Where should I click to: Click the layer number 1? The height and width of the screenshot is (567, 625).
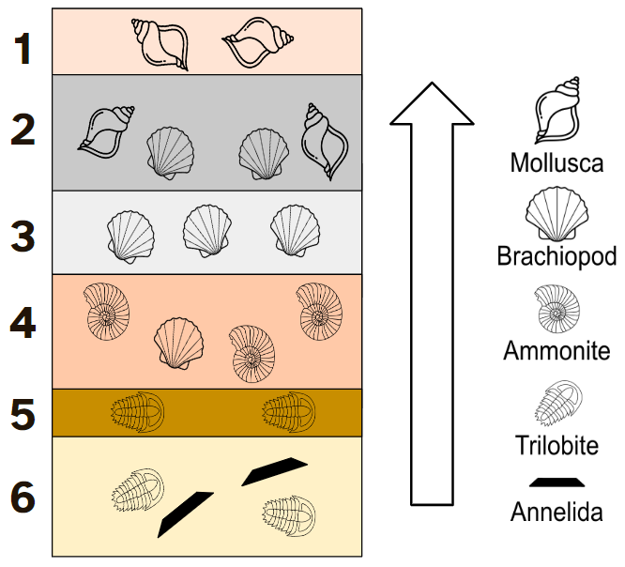tap(23, 49)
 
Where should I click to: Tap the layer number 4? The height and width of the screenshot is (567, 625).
tap(23, 323)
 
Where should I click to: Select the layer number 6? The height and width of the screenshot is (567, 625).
tap(23, 497)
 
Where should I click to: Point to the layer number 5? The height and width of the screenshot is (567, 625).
tap(23, 415)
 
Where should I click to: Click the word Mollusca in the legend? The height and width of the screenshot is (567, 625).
tap(556, 162)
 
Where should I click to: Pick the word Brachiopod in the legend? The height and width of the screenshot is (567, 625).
tap(556, 256)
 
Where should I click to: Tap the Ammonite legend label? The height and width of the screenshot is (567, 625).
tap(556, 351)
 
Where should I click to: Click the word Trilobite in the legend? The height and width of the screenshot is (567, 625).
tap(556, 445)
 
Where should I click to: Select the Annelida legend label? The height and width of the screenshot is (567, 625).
tap(556, 512)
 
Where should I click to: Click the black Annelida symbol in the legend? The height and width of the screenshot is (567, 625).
tap(556, 483)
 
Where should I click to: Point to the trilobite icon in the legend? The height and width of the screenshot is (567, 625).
tap(558, 403)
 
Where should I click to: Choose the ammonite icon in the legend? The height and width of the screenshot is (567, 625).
tap(556, 309)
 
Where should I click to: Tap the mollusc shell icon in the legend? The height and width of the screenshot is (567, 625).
tap(557, 110)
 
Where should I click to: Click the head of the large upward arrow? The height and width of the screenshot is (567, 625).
tap(432, 103)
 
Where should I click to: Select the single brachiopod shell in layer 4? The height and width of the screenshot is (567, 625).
tap(178, 344)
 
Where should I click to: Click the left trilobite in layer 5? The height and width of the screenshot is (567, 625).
tap(138, 412)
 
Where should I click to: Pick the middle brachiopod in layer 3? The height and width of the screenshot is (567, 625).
tap(207, 231)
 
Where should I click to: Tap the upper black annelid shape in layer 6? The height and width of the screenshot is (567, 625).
tap(275, 471)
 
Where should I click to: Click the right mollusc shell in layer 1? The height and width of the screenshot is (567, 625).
tap(258, 42)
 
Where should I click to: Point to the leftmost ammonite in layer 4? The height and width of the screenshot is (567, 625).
tap(107, 312)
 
